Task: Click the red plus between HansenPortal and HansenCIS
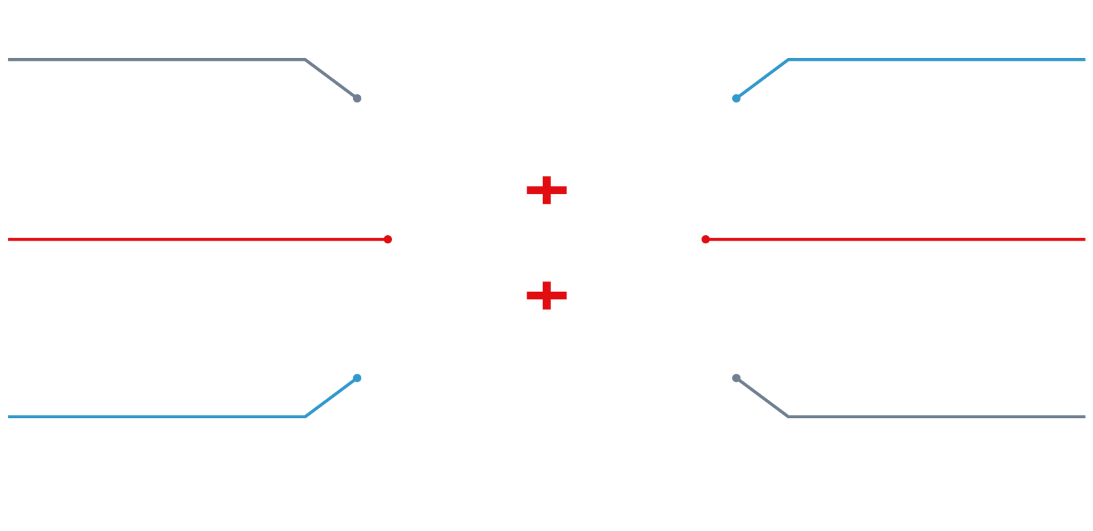pos(546,190)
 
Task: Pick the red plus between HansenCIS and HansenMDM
pos(546,295)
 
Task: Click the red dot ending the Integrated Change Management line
pos(388,239)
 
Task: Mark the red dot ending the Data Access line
pos(706,239)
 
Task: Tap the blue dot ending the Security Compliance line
pos(736,98)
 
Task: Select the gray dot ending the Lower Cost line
pos(357,98)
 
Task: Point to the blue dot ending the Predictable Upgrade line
pos(357,377)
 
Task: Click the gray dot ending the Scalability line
pos(736,377)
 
